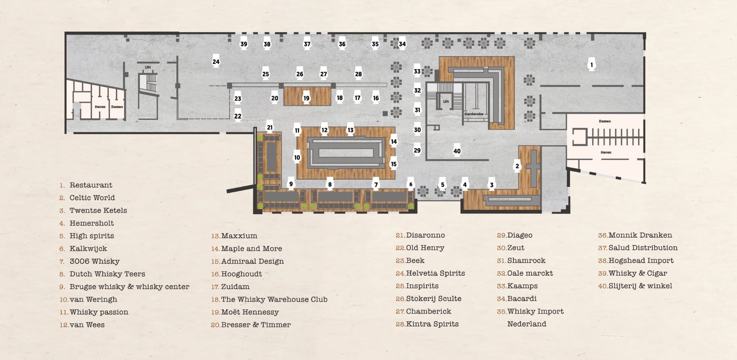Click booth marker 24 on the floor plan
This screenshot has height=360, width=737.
click(x=216, y=62)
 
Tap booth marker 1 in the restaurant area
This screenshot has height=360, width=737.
click(x=591, y=65)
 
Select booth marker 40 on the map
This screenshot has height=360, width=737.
click(x=457, y=151)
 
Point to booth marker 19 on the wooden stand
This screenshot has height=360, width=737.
click(x=306, y=98)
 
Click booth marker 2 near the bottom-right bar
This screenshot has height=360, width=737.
click(x=517, y=166)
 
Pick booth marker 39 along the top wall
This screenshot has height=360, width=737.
click(x=244, y=44)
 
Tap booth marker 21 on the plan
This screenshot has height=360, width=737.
click(x=270, y=127)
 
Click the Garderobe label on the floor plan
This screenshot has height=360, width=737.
click(x=474, y=114)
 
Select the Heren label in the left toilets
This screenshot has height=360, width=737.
click(x=100, y=107)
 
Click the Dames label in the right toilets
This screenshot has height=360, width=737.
click(x=605, y=121)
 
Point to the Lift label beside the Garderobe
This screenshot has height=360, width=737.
click(x=446, y=102)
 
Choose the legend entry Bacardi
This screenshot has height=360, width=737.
click(x=517, y=299)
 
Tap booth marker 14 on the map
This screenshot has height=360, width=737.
click(x=394, y=142)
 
